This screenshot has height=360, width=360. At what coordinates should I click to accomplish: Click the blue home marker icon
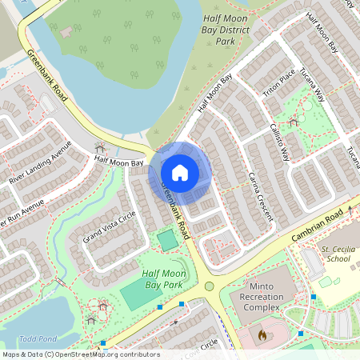(180, 172)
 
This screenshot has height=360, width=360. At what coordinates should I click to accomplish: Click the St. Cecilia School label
(336, 254)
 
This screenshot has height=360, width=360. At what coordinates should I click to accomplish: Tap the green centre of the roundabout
(210, 286)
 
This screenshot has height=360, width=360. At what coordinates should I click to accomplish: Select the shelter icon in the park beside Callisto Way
(294, 122)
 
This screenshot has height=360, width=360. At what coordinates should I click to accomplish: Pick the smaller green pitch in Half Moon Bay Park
(168, 240)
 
